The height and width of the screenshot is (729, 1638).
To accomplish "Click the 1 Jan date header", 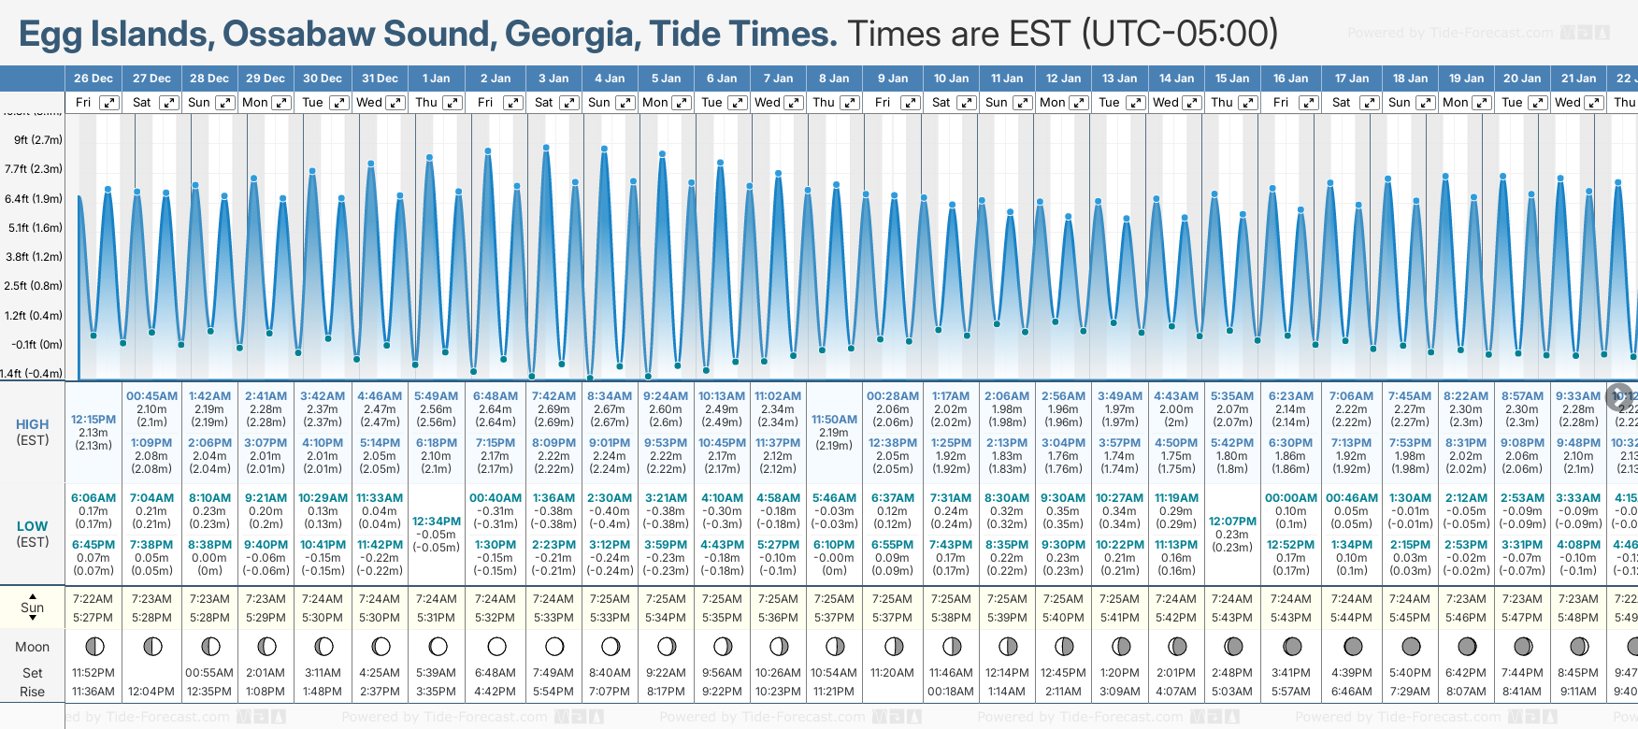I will pos(436,79).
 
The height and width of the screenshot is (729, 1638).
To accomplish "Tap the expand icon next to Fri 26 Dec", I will pos(110,103).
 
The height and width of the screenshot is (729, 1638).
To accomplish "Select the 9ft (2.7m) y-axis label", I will pos(38,140).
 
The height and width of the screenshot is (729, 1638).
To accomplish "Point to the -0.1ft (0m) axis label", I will pos(37,345).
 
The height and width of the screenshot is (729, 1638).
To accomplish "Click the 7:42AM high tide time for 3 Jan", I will pos(553,396).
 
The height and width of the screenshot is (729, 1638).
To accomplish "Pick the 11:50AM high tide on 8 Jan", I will pos(834,420).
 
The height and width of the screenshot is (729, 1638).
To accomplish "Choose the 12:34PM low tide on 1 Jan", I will pos(437,522).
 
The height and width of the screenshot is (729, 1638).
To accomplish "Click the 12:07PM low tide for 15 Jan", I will pos(1232,522).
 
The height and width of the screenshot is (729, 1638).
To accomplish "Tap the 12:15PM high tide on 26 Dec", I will pos(93,420).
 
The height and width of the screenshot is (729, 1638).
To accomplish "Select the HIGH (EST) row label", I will pos(33,432).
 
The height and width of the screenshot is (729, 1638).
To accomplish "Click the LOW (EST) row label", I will pos(33,534).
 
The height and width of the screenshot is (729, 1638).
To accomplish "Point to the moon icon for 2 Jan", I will pos(496,647).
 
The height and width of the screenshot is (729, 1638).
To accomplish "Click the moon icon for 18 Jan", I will pos(1411,647).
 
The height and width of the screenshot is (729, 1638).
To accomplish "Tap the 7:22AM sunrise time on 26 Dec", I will pos(93,599).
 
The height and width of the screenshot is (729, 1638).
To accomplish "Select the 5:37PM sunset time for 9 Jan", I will pos(892,618).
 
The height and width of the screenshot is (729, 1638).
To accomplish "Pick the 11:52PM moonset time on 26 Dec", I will pos(93,673).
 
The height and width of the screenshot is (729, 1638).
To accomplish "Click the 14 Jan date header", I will pos(1176,79).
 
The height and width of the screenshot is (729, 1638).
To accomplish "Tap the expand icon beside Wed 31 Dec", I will pos(395,103).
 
